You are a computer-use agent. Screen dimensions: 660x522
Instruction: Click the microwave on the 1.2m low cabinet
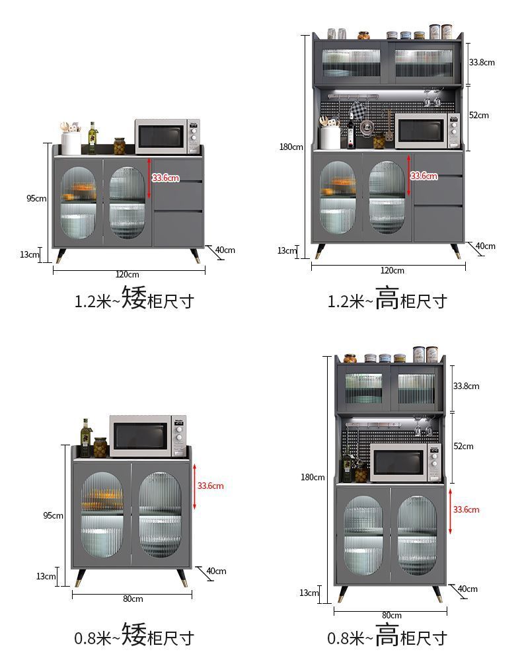click(167, 136)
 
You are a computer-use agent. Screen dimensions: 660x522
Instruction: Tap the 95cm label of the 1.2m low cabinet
click(36, 198)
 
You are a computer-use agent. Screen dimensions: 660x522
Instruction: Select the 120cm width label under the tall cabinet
click(392, 270)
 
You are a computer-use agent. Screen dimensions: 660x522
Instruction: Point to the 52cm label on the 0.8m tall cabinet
click(463, 447)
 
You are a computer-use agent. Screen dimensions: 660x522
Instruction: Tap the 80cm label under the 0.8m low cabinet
click(132, 599)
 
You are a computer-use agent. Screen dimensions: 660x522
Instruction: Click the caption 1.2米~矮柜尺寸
click(134, 301)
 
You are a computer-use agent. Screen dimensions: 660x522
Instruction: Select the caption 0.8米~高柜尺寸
click(388, 638)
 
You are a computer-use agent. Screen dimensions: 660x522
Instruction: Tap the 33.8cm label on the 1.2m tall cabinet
click(482, 62)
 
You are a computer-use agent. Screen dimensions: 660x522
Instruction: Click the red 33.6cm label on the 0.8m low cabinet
click(211, 486)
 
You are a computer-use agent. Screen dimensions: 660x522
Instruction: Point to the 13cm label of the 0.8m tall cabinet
click(309, 593)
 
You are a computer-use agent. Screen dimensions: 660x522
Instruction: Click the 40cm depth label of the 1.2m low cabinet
click(225, 250)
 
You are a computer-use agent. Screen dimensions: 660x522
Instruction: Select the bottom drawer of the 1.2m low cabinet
click(178, 228)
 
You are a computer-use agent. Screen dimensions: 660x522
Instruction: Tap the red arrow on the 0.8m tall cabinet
click(450, 510)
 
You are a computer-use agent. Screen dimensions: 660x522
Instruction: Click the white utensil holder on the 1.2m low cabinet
click(71, 143)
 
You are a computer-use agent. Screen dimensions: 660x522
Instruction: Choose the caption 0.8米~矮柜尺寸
click(134, 638)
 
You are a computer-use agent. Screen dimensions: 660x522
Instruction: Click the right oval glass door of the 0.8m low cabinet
click(160, 514)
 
